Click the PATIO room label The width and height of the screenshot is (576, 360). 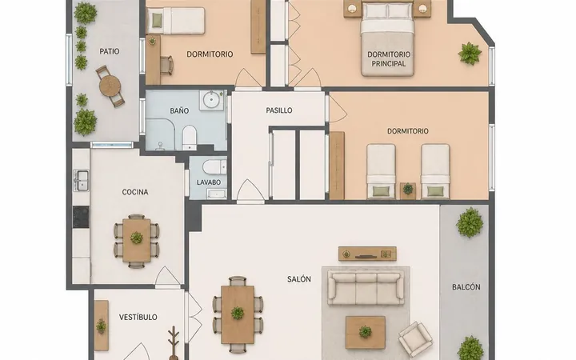coord(110,51)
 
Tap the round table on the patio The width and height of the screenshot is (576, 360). coord(110,86)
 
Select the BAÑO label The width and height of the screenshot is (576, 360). coord(179,110)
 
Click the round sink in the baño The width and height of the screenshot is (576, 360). coord(211,100)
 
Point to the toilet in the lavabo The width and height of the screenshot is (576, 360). coord(214,167)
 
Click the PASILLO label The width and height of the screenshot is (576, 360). coord(279,110)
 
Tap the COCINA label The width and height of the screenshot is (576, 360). coord(135,192)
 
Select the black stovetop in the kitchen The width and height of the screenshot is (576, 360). coord(81,217)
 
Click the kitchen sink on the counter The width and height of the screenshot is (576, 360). coord(81,180)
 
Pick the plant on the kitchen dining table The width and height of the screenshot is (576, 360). coord(136,238)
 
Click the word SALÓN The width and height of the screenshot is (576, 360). coord(299,279)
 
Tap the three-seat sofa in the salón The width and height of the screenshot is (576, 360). coord(366,288)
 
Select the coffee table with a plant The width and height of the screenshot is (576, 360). coord(365,332)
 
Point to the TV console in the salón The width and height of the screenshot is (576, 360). coord(367,254)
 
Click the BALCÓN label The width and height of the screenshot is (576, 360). coord(466,287)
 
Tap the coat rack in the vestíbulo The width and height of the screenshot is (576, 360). coord(174,342)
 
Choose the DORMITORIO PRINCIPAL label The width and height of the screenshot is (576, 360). coord(389,58)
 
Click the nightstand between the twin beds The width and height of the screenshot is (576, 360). coord(408,190)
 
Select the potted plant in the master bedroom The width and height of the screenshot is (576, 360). coord(470,54)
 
